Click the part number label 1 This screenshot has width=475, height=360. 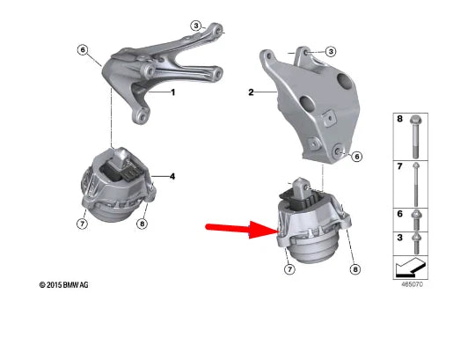(x=174, y=92)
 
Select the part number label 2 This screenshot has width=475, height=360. (x=251, y=92)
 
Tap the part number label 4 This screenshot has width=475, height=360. (x=172, y=176)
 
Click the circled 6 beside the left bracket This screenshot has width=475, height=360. (x=83, y=50)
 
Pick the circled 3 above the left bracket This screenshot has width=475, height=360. (x=196, y=26)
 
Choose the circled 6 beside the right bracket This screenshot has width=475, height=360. (x=356, y=157)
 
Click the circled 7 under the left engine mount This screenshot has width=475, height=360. (x=82, y=224)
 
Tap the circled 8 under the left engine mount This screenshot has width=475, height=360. (x=142, y=224)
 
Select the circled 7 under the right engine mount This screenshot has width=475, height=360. (x=289, y=268)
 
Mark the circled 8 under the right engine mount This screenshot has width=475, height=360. (x=354, y=268)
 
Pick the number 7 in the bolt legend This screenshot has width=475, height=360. (x=399, y=165)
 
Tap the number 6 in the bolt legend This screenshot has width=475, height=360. (x=399, y=213)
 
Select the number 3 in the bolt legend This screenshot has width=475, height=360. (x=399, y=239)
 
